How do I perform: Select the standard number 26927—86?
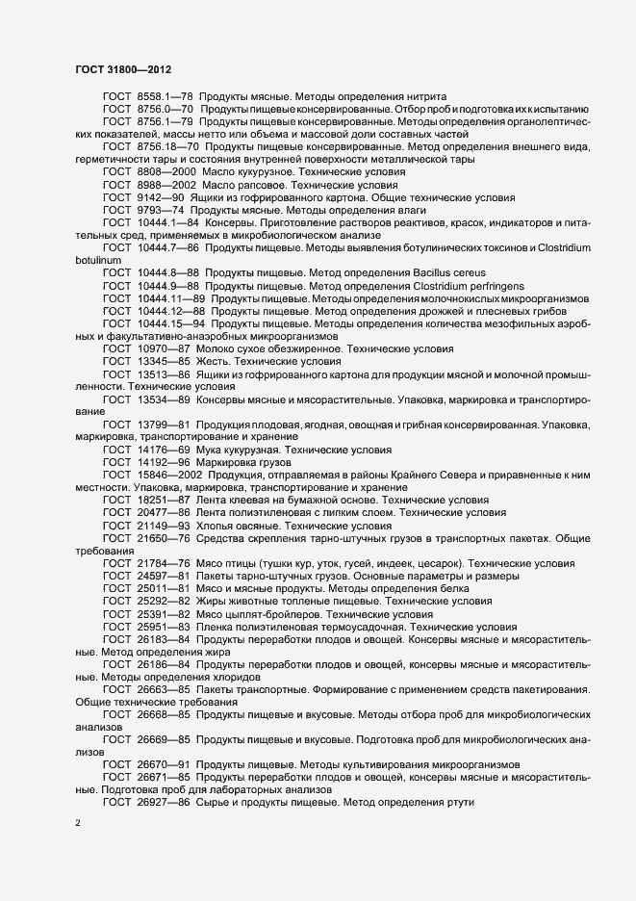165,802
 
